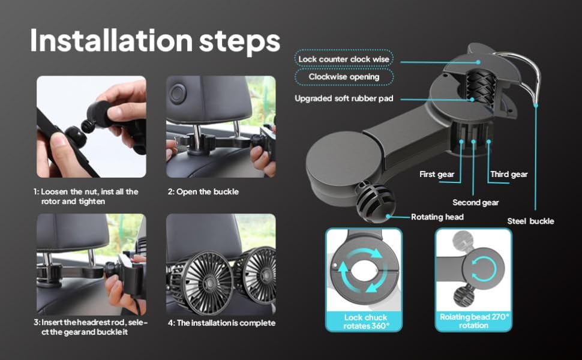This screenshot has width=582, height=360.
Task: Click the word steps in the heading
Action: (x=242, y=41)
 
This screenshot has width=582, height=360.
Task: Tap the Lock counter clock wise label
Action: (x=344, y=59)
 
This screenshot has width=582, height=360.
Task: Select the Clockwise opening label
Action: (x=344, y=77)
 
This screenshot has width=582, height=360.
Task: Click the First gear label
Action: (x=437, y=175)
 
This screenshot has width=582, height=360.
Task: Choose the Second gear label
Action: (x=475, y=202)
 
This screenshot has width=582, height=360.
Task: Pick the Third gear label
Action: (x=509, y=175)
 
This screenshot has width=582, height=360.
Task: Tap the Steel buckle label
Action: (x=530, y=221)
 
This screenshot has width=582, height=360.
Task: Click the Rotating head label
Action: (x=437, y=217)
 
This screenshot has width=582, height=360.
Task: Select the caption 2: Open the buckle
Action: (x=202, y=192)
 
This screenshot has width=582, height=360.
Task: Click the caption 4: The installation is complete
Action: (x=221, y=323)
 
